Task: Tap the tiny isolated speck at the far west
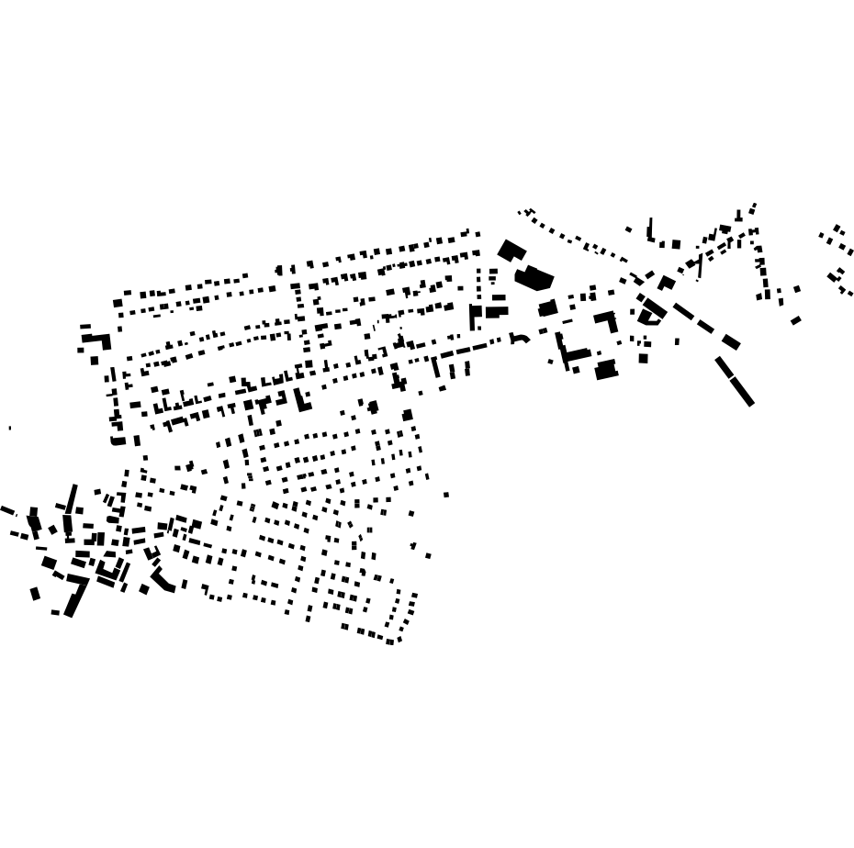pos(10,428)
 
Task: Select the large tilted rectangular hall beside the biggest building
pos(511,250)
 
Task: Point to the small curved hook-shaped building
pos(520,339)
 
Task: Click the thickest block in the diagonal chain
pos(731,342)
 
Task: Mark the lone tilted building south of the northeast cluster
pos(795,320)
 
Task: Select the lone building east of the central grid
pos(446,495)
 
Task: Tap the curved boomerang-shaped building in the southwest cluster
pos(163,581)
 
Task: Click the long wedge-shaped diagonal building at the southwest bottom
pos(74,599)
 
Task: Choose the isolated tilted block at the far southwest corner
pos(35,594)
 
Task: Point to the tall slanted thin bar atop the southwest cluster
pos(72,497)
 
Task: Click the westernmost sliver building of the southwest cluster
pos(7,510)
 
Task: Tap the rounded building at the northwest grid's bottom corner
pos(118,441)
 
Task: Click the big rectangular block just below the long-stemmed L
pos(606,370)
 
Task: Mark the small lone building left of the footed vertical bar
pos(628,229)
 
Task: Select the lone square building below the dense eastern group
pos(644,358)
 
